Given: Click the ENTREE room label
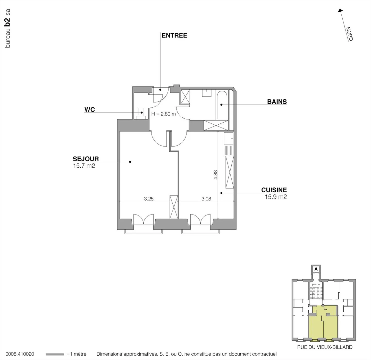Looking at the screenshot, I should point(174,36).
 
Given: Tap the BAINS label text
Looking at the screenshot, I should point(277,102).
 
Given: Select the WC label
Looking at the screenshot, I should point(90,110).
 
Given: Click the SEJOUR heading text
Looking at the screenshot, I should point(86,159).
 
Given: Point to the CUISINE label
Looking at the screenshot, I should point(274,190).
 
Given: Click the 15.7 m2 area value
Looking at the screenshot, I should point(84,166).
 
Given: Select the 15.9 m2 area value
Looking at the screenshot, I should point(276,197).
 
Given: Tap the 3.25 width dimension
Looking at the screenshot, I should point(149,199).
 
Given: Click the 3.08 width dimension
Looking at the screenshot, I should point(206,199).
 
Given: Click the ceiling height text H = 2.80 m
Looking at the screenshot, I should point(163,114).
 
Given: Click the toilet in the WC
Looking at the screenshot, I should point(141,113).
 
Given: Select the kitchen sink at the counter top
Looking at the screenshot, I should point(228,139).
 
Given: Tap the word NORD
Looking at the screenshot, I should point(349,34).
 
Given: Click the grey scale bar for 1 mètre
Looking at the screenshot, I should point(54,354).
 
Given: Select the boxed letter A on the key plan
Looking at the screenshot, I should point(316,269).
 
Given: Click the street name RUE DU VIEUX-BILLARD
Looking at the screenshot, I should point(325,347).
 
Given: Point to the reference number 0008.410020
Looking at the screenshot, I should point(20,354).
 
